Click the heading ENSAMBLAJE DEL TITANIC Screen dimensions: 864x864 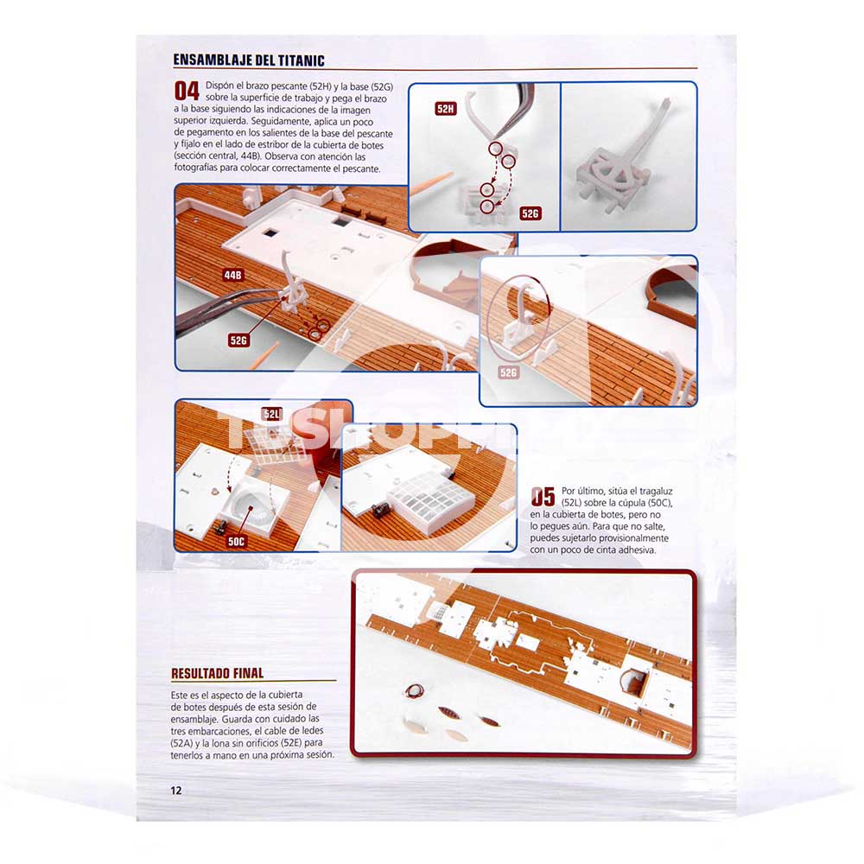pos(249,60)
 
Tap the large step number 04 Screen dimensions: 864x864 pos(187,91)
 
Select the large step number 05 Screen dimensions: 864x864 pos(543,497)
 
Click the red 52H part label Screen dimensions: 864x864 pos(445,109)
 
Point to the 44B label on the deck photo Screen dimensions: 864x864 pos(233,275)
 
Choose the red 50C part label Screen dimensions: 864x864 pos(237,541)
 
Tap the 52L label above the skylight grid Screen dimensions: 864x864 pos(271,414)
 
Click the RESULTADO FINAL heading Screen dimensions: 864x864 pos(217,673)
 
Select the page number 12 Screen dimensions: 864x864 pos(175,791)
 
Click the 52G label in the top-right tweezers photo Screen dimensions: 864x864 pos(530,213)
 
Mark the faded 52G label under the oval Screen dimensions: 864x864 pos(508,372)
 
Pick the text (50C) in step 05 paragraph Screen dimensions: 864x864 pos(658,503)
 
